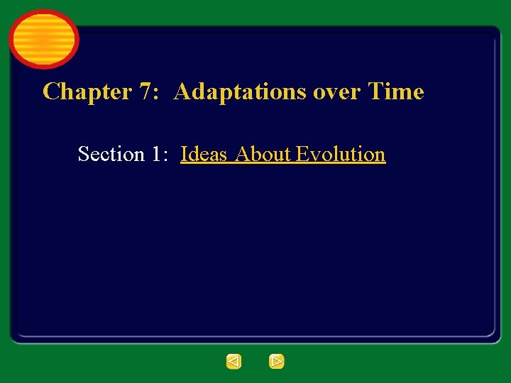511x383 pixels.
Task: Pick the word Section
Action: [x=110, y=154]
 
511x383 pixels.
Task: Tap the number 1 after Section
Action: [x=157, y=154]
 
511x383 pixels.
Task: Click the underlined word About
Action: [x=263, y=154]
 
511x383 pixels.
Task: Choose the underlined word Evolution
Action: [x=341, y=154]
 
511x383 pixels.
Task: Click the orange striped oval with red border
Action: [x=43, y=39]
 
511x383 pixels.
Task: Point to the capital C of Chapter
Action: [x=51, y=91]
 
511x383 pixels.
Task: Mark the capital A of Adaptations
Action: [x=182, y=91]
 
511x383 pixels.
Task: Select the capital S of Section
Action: [x=83, y=154]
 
